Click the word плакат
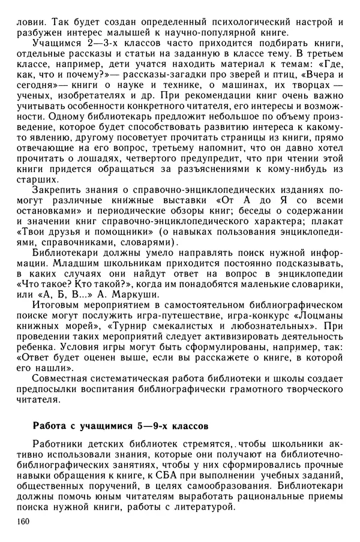pos(325,230)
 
